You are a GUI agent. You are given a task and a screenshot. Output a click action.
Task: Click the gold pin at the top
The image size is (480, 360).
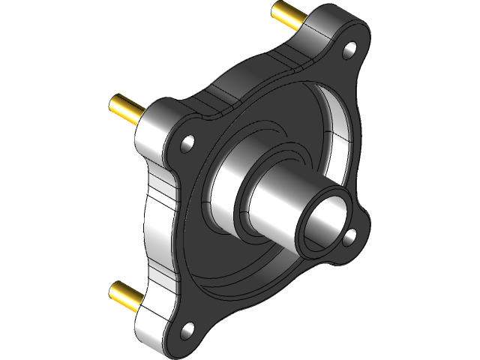[x=289, y=15]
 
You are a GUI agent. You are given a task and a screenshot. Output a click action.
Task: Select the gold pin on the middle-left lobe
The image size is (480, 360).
[x=126, y=109]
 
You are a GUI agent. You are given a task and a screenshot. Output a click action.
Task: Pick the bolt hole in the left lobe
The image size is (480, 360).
[x=187, y=141]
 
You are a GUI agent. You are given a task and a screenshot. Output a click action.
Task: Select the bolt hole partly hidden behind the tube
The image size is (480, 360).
[x=349, y=238]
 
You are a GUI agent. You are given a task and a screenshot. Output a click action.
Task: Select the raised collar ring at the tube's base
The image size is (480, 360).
[x=244, y=202]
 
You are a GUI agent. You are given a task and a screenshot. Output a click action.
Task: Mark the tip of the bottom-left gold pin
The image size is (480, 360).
[x=114, y=289]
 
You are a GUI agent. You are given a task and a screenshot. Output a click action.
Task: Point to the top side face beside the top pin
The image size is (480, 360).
[x=330, y=26]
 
